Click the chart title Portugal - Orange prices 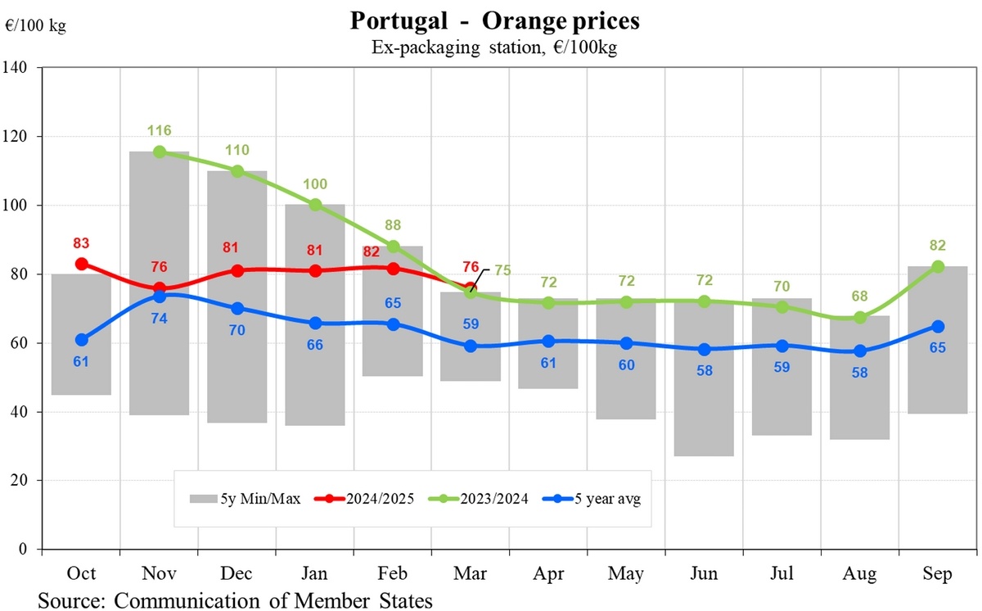[494, 20]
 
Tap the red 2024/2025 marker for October [80, 264]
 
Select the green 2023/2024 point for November [160, 152]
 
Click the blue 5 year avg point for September [938, 327]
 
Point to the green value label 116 [160, 130]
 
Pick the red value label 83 [80, 243]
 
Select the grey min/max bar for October [80, 334]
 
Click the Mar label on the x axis [470, 574]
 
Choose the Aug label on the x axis [859, 574]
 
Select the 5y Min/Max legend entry [245, 498]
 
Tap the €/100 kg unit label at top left [35, 25]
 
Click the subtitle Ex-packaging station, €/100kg [494, 48]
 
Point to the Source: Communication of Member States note [235, 600]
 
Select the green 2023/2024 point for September [938, 266]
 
